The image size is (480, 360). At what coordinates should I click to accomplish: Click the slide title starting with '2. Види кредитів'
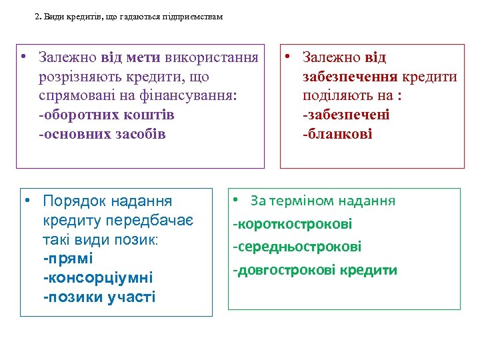coord(128,17)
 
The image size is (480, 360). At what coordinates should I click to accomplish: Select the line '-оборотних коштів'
coord(107,115)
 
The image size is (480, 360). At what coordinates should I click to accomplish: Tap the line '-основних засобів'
coord(102,134)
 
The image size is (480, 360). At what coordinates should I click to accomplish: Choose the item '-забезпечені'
coord(346,115)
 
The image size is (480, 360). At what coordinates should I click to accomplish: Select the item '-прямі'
coord(67,257)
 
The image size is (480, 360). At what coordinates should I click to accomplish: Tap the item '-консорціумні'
coord(97,277)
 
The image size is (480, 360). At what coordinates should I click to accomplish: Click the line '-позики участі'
coord(99,297)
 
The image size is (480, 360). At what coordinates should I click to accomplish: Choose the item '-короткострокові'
coord(292,224)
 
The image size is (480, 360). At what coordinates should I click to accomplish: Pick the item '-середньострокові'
coord(297,247)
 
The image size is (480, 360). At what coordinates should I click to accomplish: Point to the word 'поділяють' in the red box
coord(335,95)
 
